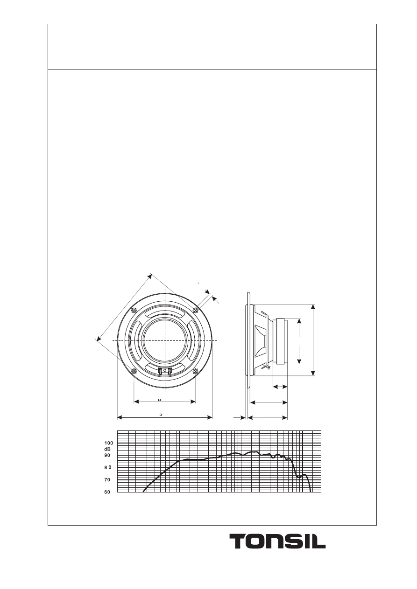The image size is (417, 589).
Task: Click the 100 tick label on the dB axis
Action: point(108,443)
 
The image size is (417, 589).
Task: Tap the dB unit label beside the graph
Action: point(107,450)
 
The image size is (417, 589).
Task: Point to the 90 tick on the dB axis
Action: point(107,456)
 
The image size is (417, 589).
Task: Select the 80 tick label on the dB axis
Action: point(108,468)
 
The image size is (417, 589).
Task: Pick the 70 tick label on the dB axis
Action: point(107,480)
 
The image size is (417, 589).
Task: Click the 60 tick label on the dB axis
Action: point(107,492)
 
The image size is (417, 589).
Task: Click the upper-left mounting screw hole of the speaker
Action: point(134,310)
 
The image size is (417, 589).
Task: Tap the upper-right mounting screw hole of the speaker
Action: point(195,310)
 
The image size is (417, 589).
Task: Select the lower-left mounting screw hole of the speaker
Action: point(134,371)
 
